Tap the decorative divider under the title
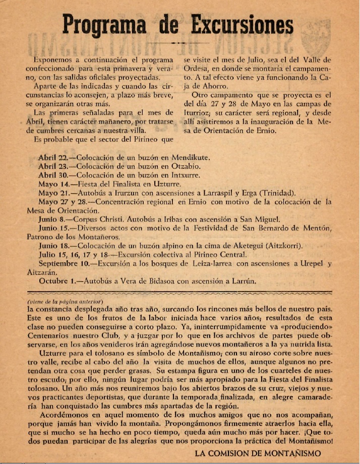pyautogui.click(x=179, y=43)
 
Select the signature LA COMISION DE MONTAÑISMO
pyautogui.click(x=258, y=453)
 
